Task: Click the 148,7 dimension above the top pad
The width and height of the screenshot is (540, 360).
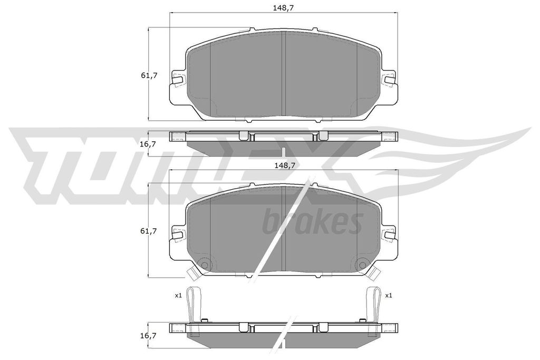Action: coord(284,8)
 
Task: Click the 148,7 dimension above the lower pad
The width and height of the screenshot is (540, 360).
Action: coord(284,165)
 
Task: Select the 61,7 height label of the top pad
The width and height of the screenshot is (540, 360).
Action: coord(149,75)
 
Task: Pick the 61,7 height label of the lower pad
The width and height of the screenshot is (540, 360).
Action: coord(149,231)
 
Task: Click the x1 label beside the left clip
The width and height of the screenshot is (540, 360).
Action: coord(178,295)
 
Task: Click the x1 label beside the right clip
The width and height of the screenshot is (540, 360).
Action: coord(389,295)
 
